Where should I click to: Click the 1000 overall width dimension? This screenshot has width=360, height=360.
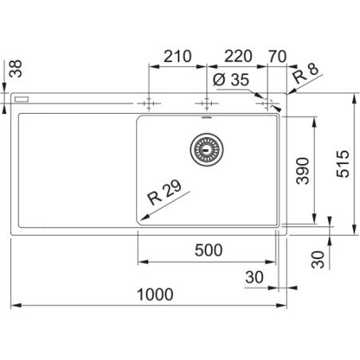pos(155,295)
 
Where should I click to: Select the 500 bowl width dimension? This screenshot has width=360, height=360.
pos(209,250)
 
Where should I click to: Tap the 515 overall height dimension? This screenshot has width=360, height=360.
pos(342,164)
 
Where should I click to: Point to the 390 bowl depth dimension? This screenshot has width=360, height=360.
pos(303,170)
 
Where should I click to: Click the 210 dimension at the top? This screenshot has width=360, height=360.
pos(178,57)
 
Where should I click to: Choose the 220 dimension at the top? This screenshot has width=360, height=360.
pos(238,57)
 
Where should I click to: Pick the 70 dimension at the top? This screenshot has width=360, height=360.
pos(277,57)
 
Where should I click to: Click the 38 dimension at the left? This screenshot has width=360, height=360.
pos(15,68)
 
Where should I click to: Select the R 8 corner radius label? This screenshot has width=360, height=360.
pos(305,73)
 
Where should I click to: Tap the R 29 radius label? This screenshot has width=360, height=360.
pos(165,192)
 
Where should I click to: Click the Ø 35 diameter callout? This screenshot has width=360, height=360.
pos(231,80)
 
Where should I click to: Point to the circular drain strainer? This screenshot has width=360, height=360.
pos(207,150)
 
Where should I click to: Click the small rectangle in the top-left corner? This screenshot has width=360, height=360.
pos(22,100)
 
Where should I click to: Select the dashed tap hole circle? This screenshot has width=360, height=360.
pos(268,104)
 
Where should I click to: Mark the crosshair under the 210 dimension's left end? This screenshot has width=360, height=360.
pos(149,104)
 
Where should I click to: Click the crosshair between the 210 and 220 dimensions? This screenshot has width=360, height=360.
pos(207,104)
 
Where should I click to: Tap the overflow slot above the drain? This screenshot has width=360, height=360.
pos(206,117)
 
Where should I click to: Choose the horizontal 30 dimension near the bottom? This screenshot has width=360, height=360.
pos(254,277)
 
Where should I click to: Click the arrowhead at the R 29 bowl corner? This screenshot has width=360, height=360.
pos(143,217)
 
